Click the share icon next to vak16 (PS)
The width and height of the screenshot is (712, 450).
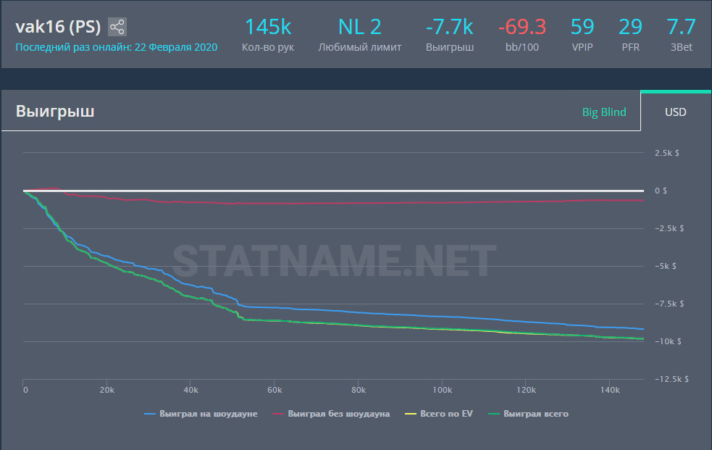coord(117,28)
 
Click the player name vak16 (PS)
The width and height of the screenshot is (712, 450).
coord(58,28)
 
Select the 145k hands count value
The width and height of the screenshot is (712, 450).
coord(268,28)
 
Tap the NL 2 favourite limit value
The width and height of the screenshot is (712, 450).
coord(359,28)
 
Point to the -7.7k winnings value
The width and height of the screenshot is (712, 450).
coord(450,28)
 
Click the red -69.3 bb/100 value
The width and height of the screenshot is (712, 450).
coord(522,28)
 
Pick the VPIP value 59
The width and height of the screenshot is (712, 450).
coord(582,28)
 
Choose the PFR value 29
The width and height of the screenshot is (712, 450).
coord(630,28)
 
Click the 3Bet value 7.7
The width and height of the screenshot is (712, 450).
coord(681,28)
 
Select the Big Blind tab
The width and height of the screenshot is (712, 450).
coord(604,112)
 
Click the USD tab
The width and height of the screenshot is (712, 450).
coord(676,112)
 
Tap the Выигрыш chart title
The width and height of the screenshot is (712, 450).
coord(55,112)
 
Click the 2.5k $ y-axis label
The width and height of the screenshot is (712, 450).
coord(666,153)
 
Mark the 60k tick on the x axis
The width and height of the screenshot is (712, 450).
coord(275,391)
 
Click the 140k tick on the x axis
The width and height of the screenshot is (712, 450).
coord(610,391)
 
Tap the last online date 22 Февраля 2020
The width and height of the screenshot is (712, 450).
coord(177,47)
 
